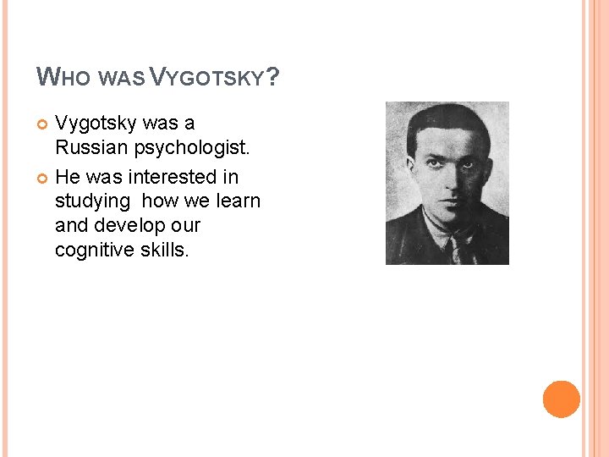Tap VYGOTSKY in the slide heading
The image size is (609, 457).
click(208, 79)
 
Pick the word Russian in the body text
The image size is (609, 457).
click(91, 149)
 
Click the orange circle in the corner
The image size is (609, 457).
click(562, 399)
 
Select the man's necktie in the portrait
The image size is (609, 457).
click(460, 246)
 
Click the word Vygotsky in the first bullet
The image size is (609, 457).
click(96, 124)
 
